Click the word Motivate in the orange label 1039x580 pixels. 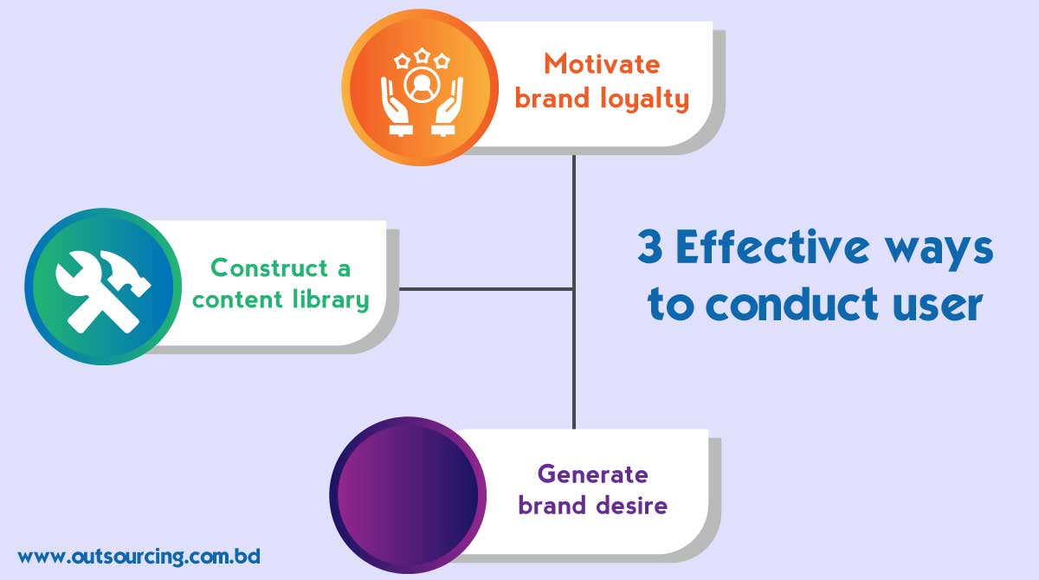(602, 64)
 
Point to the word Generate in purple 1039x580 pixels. (592, 474)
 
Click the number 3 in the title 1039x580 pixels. (651, 248)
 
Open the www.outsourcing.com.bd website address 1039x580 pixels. (139, 556)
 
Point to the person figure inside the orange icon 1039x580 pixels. (421, 86)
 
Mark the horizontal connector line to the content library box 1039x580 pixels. (485, 288)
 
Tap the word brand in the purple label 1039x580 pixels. (554, 505)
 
